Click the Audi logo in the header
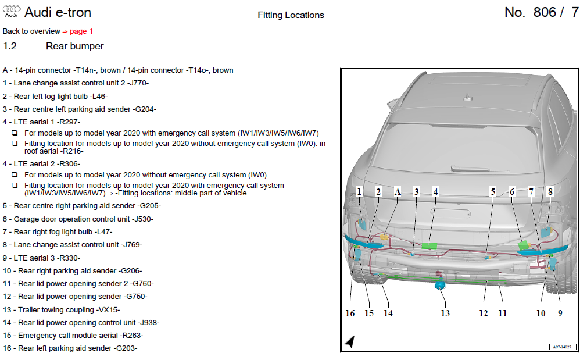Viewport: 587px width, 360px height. click(11, 12)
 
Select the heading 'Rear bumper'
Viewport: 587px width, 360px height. click(74, 46)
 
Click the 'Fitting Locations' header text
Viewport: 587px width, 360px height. click(291, 15)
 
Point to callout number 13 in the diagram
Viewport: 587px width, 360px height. click(445, 313)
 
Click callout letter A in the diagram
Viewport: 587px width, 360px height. click(398, 191)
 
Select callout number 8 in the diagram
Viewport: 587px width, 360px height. click(549, 191)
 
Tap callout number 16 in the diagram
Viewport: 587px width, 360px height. click(350, 313)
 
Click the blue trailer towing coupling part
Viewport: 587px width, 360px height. click(441, 284)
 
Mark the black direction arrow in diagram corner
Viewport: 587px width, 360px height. click(349, 342)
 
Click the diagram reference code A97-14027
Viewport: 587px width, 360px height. click(563, 347)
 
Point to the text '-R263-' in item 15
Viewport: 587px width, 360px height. click(131, 335)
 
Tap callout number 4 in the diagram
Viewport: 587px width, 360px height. click(435, 191)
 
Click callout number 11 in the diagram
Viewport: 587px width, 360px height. click(502, 313)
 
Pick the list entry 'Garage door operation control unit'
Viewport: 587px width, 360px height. click(84, 219)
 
